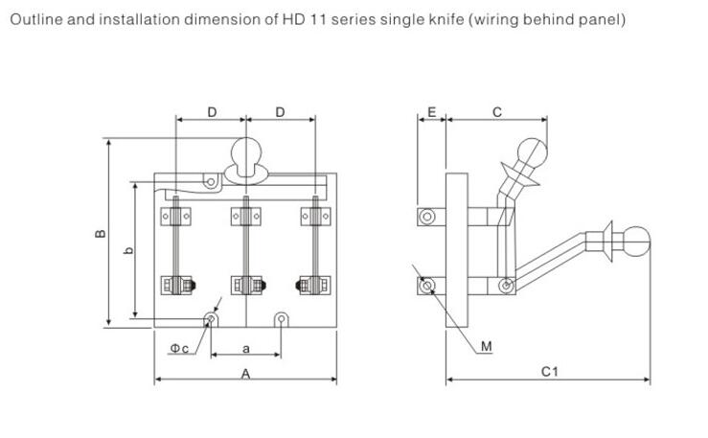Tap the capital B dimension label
coord(100,234)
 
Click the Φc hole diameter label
coord(179,348)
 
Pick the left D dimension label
coord(212,112)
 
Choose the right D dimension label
coord(280,112)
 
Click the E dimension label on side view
coord(431,112)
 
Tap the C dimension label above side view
coord(496,112)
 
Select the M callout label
coord(486,346)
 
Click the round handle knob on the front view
coord(246,152)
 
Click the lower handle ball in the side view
coord(636,240)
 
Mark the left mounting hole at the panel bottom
coord(211,318)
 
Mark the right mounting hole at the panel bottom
coord(281,318)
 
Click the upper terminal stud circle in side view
coord(428,217)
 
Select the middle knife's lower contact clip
coord(246,285)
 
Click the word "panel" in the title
coord(598,19)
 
